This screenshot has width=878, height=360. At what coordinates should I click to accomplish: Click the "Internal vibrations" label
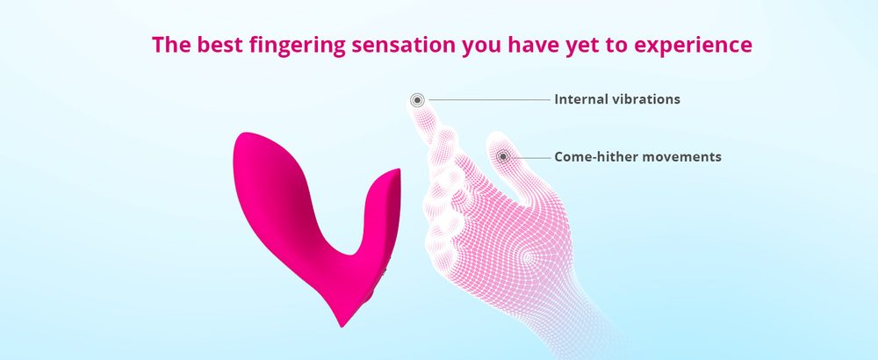tap(616, 99)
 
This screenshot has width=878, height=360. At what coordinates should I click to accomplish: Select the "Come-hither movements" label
tap(637, 157)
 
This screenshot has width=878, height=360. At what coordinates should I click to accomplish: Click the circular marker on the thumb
tap(503, 157)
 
